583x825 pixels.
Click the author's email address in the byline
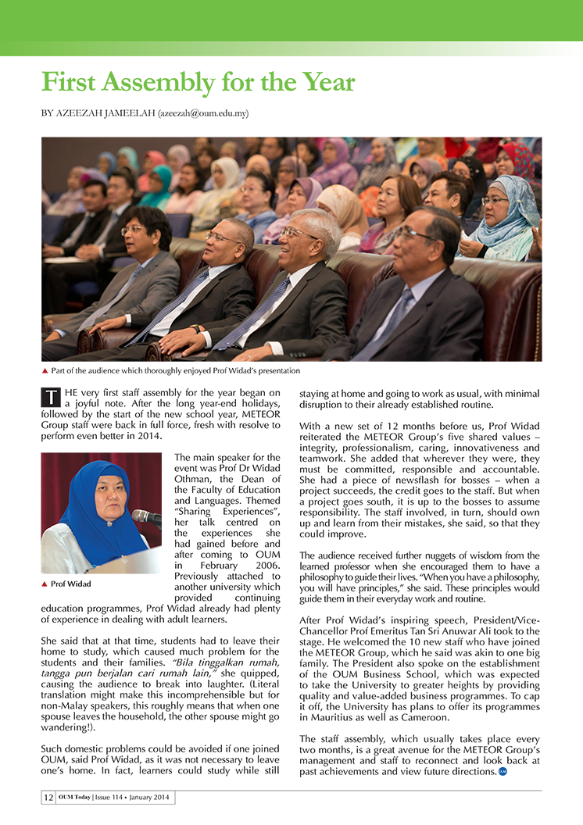[x=203, y=113]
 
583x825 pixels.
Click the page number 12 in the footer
[x=48, y=798]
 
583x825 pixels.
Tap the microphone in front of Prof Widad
[x=145, y=517]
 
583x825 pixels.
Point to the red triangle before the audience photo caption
[x=45, y=371]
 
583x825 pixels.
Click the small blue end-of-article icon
[x=503, y=773]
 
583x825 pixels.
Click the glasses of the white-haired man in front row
[x=301, y=233]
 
